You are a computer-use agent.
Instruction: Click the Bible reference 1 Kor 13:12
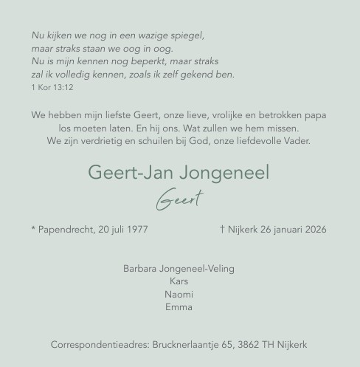click(52, 88)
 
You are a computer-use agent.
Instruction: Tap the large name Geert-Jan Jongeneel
click(179, 173)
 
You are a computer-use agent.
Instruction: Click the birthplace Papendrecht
click(66, 230)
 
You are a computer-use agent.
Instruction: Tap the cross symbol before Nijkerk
click(223, 230)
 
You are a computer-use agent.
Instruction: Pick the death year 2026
click(314, 230)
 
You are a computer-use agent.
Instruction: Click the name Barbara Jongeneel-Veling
click(179, 269)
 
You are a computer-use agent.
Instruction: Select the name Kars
click(179, 281)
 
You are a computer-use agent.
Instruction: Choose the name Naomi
click(179, 294)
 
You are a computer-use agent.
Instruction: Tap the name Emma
click(179, 307)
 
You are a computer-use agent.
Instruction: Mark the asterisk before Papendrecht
click(34, 229)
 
